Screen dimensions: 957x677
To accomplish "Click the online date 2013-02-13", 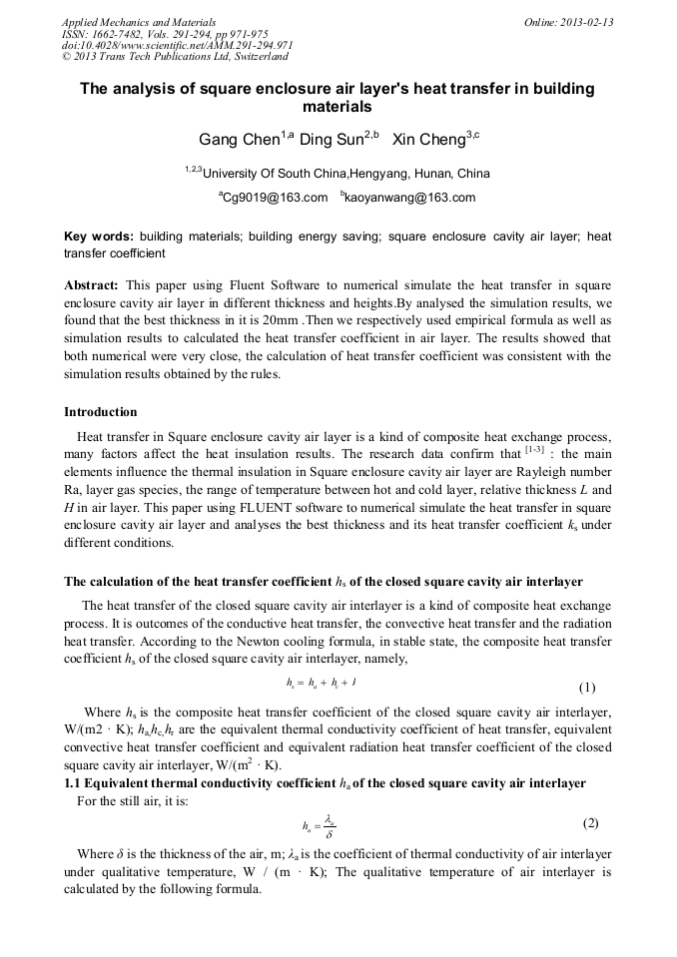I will [x=586, y=21].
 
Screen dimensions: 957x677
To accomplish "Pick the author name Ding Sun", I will [x=332, y=140].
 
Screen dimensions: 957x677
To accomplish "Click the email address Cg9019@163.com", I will [x=276, y=198].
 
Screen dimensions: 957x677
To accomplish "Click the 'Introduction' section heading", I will [x=101, y=412].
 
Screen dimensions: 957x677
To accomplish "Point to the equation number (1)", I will [x=587, y=688].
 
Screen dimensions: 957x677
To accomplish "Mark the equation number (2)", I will [x=589, y=823].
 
